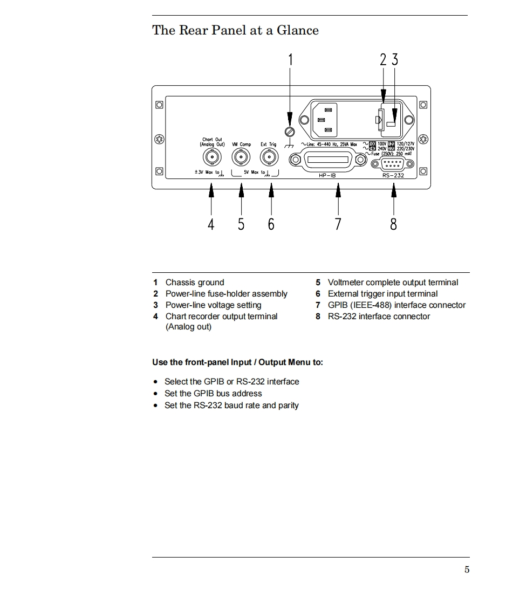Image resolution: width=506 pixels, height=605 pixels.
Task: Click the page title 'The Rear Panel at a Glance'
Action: [x=235, y=30]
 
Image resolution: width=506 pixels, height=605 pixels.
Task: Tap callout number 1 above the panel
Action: [x=290, y=59]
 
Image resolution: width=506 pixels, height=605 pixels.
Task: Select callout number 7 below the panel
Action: [x=338, y=223]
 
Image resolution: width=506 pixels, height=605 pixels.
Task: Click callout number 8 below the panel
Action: [x=393, y=223]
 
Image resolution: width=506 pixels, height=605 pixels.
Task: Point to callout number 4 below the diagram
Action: [x=211, y=223]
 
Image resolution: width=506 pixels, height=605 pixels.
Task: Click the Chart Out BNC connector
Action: [x=211, y=157]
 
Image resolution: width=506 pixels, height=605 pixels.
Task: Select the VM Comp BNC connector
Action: [x=241, y=157]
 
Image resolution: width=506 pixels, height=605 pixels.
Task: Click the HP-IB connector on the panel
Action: [x=324, y=161]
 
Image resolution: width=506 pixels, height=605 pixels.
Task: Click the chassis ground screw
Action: [x=290, y=131]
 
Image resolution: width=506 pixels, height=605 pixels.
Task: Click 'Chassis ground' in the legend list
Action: [x=194, y=283]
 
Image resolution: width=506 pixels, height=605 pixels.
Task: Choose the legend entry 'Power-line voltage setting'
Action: [x=213, y=305]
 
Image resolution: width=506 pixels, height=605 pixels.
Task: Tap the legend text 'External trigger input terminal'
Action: [x=382, y=294]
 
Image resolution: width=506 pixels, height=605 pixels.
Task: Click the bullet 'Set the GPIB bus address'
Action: [x=213, y=394]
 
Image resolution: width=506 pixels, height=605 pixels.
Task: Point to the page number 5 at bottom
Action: [x=467, y=570]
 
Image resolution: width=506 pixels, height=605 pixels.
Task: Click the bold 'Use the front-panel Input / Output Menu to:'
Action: [x=237, y=362]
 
